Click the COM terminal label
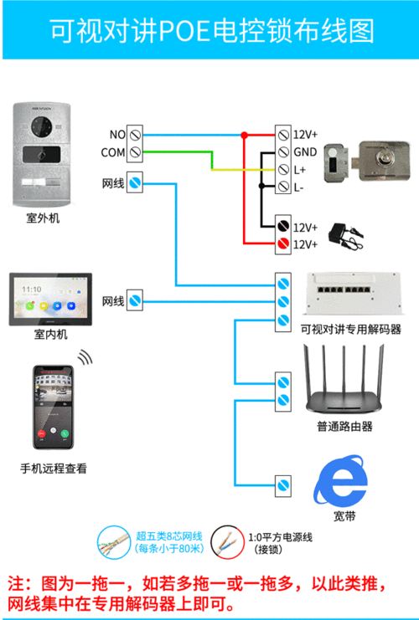(113, 152)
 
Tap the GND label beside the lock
(304, 152)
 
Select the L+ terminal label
(299, 170)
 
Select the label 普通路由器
(344, 427)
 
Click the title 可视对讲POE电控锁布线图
(209, 31)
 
